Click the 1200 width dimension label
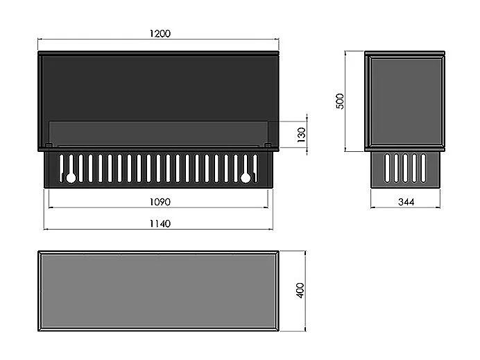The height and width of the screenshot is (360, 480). point(160,33)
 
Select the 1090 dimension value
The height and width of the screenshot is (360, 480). point(160,202)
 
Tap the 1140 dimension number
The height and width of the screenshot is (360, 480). point(160,223)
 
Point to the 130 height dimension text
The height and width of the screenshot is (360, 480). point(301,135)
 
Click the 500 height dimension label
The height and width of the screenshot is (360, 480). point(340,101)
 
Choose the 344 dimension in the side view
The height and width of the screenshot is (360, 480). point(406,202)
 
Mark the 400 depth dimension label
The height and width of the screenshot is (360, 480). point(300,290)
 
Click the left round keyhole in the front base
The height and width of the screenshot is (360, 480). point(71,178)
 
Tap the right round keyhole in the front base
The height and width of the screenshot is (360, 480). point(246,178)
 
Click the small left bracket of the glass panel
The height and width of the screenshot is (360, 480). point(49,145)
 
